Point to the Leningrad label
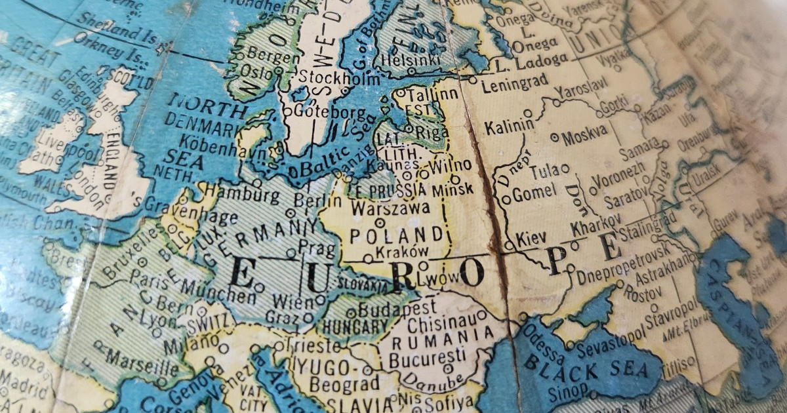tap(514, 86)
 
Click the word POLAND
tap(397, 235)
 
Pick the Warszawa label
tap(391, 209)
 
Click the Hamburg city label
tap(233, 194)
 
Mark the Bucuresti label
tap(427, 359)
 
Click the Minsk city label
tap(453, 189)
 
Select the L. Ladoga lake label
tap(531, 61)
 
